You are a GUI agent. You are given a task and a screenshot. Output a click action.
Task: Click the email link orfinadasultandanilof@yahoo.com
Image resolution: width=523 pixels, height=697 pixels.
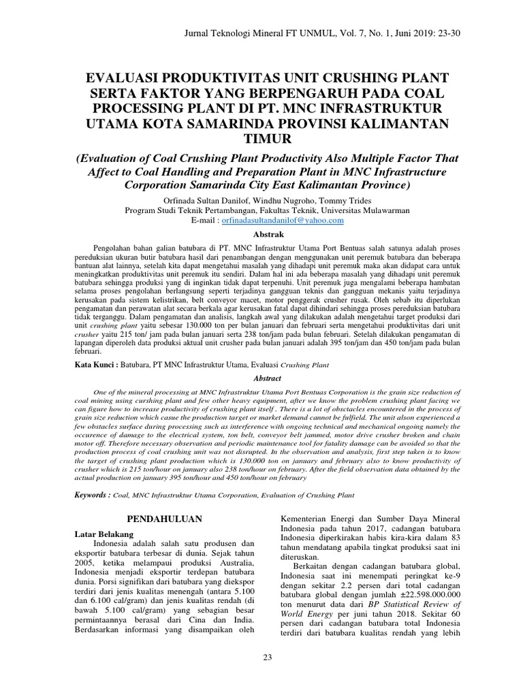click(x=286, y=221)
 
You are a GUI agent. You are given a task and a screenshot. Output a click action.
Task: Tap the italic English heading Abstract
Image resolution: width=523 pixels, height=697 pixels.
click(x=261, y=377)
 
